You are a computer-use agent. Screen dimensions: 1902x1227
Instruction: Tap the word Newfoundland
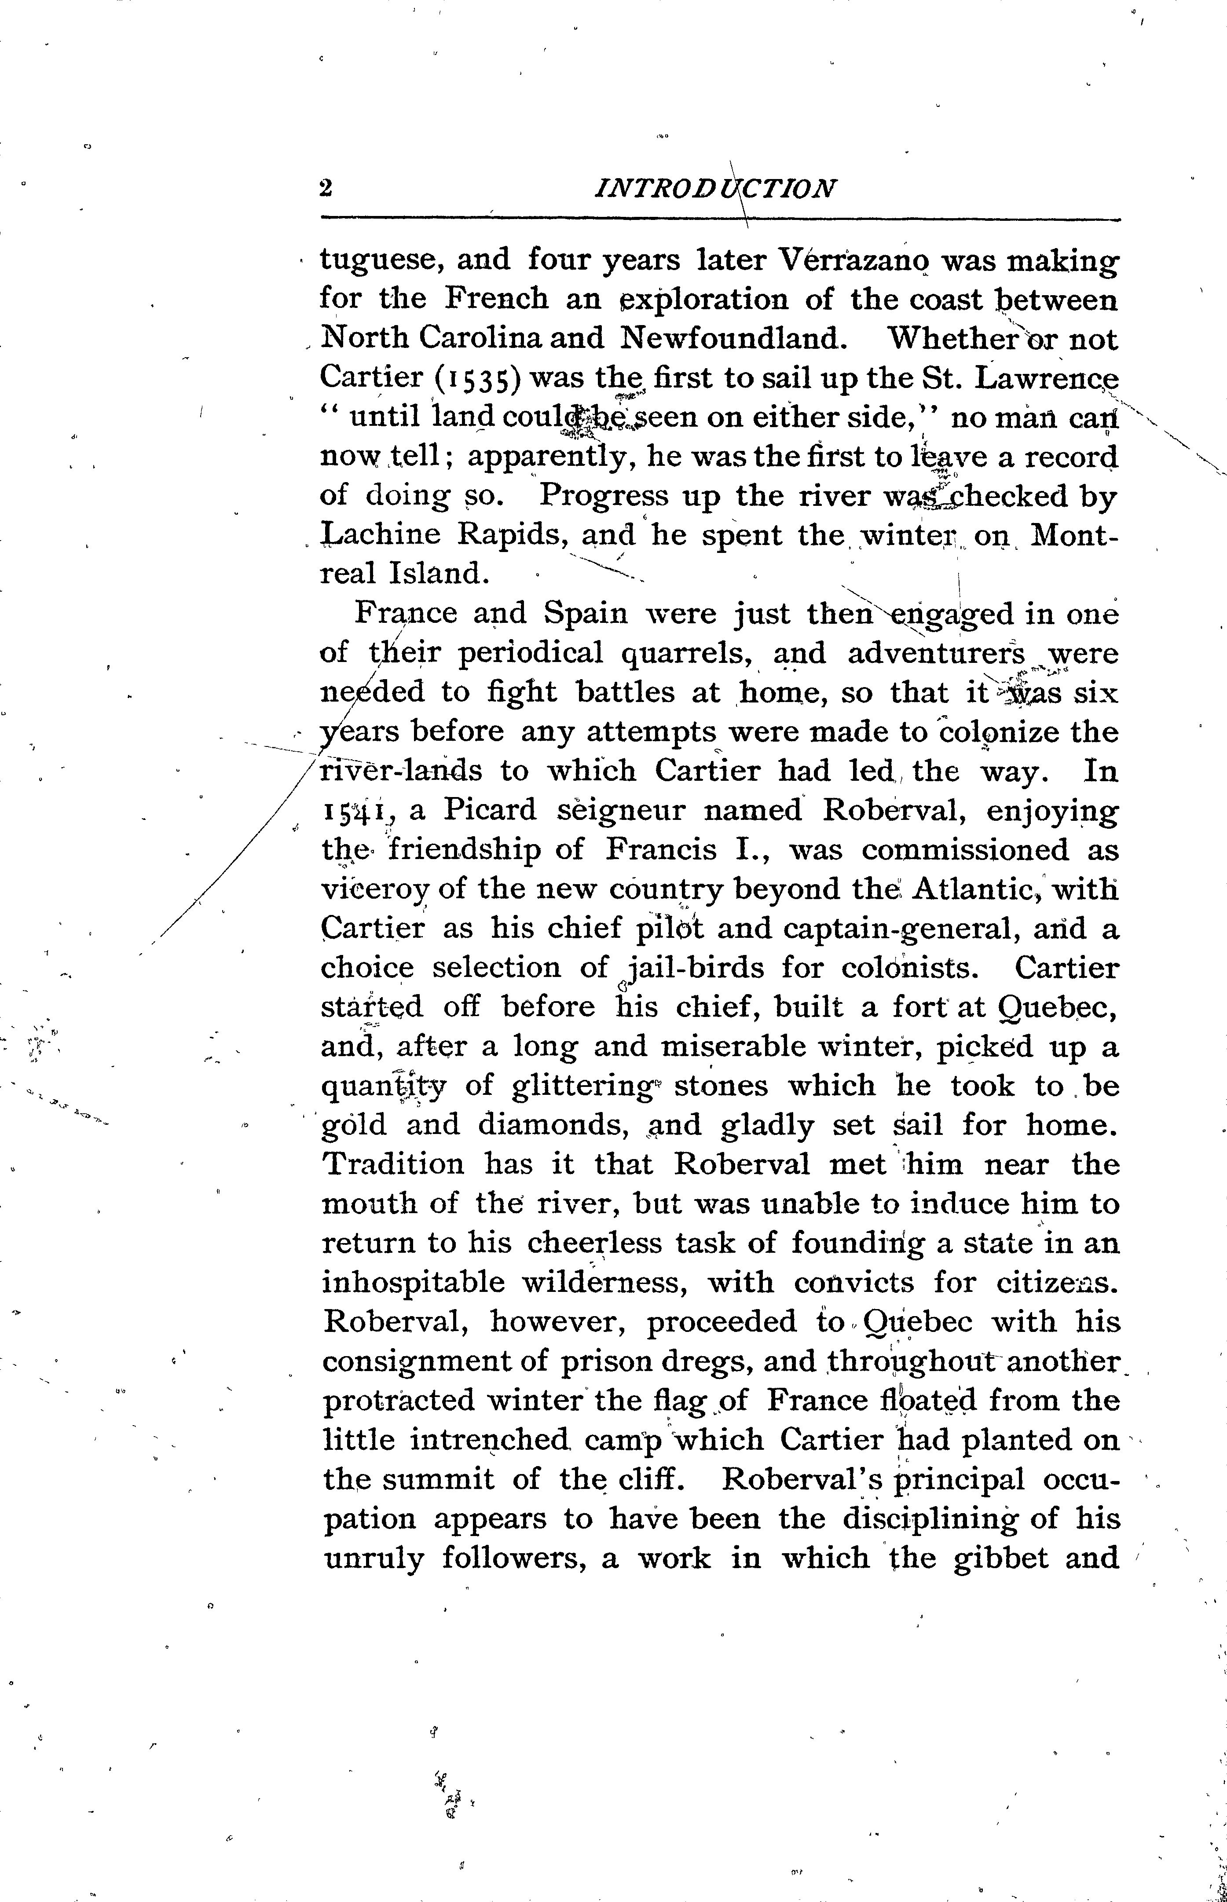(x=731, y=339)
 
